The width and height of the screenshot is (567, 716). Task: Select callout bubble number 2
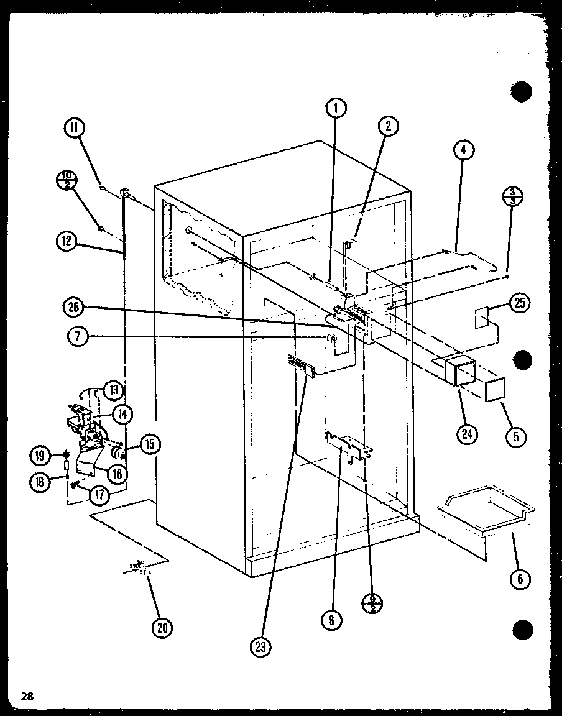coord(387,126)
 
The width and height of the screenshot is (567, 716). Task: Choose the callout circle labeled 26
coord(74,308)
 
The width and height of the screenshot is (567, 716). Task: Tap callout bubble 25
coord(519,303)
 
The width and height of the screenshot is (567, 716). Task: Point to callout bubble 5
coord(515,436)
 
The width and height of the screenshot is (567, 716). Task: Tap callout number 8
coord(333,618)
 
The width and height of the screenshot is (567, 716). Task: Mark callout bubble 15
coord(149,443)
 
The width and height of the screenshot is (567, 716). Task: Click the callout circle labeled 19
coord(40,456)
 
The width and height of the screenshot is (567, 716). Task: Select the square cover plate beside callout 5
coord(496,390)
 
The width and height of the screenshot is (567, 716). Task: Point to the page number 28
coord(26,695)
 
